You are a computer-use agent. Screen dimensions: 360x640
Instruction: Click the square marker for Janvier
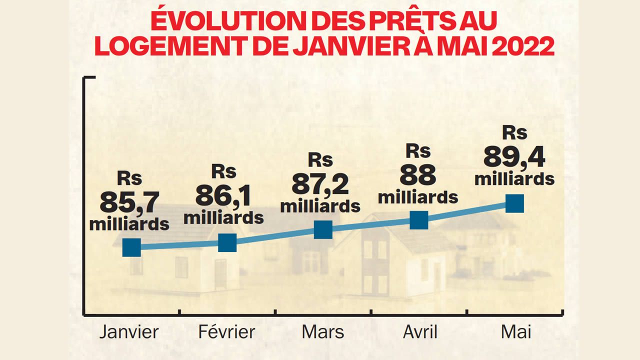[131, 247]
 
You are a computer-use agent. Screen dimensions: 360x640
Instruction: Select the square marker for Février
[227, 242]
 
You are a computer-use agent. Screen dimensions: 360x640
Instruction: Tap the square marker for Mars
[323, 229]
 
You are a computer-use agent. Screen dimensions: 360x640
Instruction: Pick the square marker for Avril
[419, 219]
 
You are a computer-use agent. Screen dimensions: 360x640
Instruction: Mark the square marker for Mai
[514, 203]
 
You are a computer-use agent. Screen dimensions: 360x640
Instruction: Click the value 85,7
[129, 202]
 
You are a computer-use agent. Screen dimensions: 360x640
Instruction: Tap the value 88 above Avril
[418, 174]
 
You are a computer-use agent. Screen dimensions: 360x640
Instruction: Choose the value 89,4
[514, 157]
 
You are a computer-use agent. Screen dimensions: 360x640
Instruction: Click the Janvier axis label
[129, 332]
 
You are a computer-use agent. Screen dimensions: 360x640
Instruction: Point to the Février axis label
[226, 332]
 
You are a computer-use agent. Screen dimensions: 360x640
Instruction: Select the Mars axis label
[323, 332]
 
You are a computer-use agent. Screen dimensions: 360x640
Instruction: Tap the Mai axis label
[516, 332]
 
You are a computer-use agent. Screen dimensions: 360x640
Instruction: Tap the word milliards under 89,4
[514, 178]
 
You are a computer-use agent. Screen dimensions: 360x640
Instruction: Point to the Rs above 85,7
[129, 178]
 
